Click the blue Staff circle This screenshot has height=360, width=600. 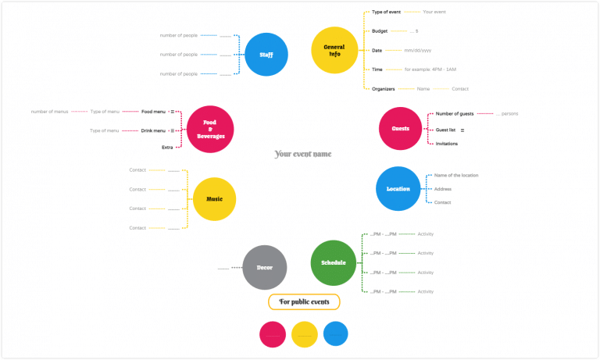click(266, 55)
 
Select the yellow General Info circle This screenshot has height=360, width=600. click(334, 51)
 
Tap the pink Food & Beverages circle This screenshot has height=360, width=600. click(210, 129)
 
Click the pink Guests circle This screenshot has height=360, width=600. click(401, 129)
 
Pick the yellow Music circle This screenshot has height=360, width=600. click(214, 199)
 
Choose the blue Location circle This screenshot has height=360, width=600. click(398, 189)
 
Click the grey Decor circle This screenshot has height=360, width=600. click(265, 268)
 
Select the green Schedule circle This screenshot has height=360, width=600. click(334, 262)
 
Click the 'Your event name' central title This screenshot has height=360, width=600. click(303, 154)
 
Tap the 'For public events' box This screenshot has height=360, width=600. click(304, 301)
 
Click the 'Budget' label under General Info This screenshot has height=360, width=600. click(380, 30)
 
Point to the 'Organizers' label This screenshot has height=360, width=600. click(384, 89)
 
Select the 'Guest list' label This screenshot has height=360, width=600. click(445, 130)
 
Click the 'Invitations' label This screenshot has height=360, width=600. click(447, 144)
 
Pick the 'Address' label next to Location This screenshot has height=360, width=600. click(443, 189)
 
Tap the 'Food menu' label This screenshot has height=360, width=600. click(154, 112)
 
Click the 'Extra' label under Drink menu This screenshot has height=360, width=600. click(167, 147)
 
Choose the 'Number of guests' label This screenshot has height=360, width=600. click(454, 114)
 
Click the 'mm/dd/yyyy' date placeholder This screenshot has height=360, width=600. click(419, 50)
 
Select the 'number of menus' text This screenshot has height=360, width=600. click(51, 112)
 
